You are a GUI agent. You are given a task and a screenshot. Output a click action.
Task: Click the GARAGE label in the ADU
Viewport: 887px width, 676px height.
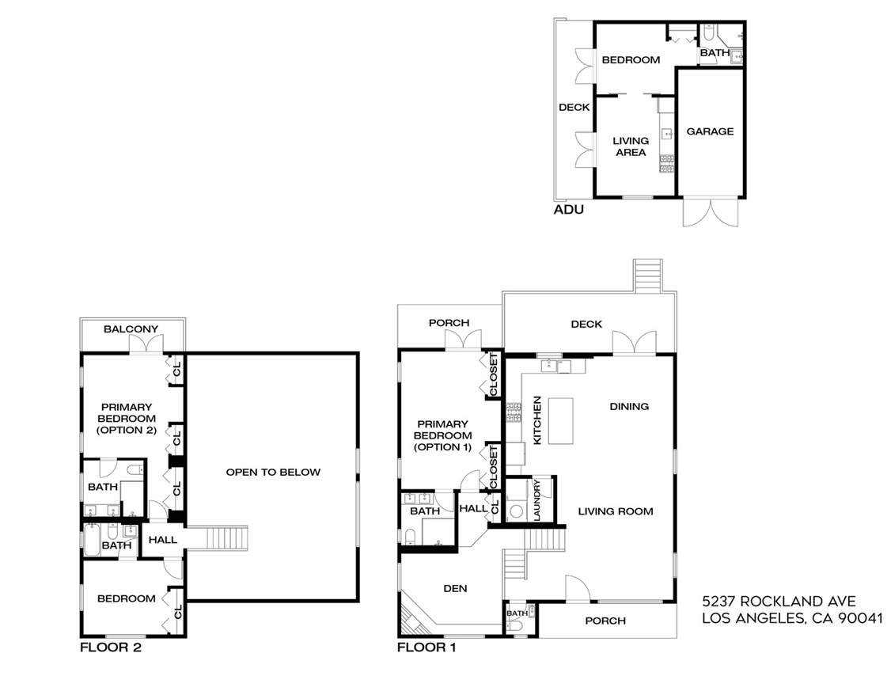(709, 131)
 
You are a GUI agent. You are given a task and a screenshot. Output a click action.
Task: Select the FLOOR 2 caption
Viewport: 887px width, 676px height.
(111, 647)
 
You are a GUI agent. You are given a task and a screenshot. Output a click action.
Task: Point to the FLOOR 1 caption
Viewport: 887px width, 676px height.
(426, 647)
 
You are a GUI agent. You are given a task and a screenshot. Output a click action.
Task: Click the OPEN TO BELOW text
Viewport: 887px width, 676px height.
(273, 473)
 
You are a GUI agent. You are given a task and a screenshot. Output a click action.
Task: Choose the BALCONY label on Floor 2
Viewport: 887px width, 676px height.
(131, 329)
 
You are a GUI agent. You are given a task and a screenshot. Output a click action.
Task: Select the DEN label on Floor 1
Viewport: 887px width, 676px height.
(455, 588)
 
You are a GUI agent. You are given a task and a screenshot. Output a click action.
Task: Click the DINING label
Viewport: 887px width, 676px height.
(629, 406)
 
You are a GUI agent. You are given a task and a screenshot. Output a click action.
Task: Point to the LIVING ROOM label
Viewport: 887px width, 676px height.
(616, 511)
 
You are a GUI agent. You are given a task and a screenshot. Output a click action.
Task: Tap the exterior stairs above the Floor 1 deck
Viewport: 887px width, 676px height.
(646, 275)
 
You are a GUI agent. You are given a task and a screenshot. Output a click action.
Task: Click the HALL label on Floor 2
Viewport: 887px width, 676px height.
(162, 540)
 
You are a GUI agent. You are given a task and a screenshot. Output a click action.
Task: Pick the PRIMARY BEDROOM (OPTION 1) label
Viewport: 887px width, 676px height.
(442, 435)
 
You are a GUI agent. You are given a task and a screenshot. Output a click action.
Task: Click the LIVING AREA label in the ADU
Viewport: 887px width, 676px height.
(631, 146)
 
